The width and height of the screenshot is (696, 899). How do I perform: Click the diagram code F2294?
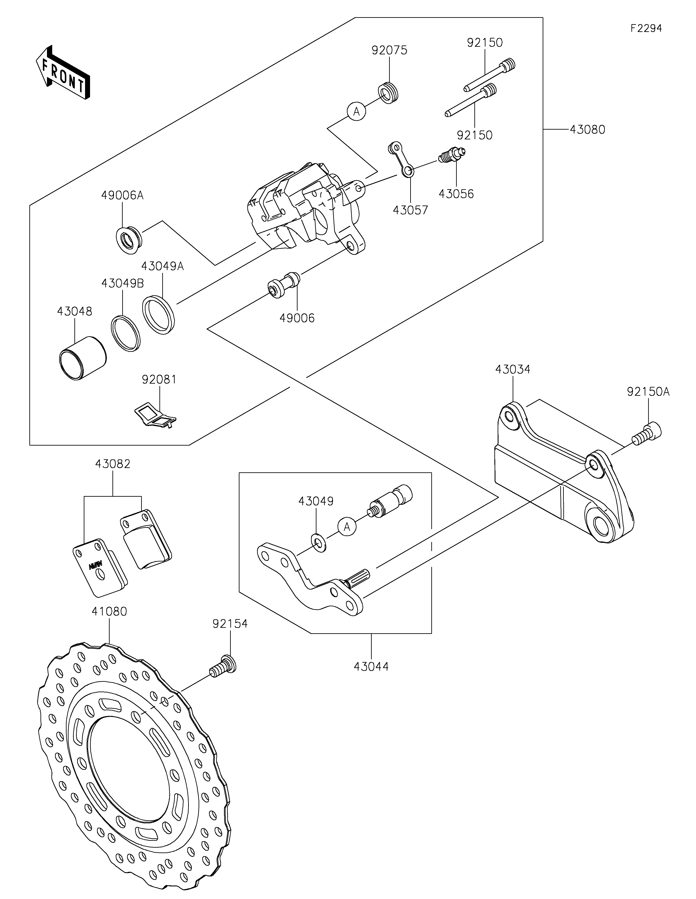pos(646,28)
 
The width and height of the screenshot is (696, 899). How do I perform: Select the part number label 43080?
pos(587,130)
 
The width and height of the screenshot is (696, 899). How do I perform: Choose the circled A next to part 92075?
pos(356,111)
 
